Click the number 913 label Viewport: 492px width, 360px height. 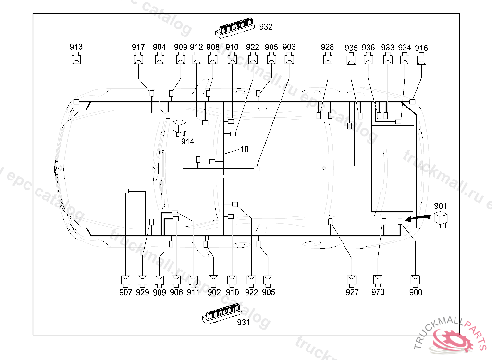(x=76, y=47)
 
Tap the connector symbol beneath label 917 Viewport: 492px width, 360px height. (x=138, y=59)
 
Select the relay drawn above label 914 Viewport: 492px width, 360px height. (x=180, y=128)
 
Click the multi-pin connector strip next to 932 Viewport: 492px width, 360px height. (x=234, y=27)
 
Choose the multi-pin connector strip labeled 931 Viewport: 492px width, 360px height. (x=222, y=313)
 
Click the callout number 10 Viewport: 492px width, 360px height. (x=245, y=149)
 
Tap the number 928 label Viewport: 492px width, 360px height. (x=327, y=47)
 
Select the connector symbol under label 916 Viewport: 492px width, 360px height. (x=421, y=59)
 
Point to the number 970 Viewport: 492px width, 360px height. (x=378, y=292)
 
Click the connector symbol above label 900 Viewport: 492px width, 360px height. (x=416, y=281)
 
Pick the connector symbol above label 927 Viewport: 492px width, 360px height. (x=352, y=281)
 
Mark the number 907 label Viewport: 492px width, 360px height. (x=125, y=292)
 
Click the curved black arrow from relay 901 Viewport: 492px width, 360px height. (x=418, y=217)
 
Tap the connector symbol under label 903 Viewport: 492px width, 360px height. (x=289, y=59)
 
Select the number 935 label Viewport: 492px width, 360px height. (x=351, y=48)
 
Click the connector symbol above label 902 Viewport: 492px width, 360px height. (x=214, y=281)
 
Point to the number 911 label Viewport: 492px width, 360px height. (x=193, y=292)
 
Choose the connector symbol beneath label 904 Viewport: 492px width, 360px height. (x=160, y=59)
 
